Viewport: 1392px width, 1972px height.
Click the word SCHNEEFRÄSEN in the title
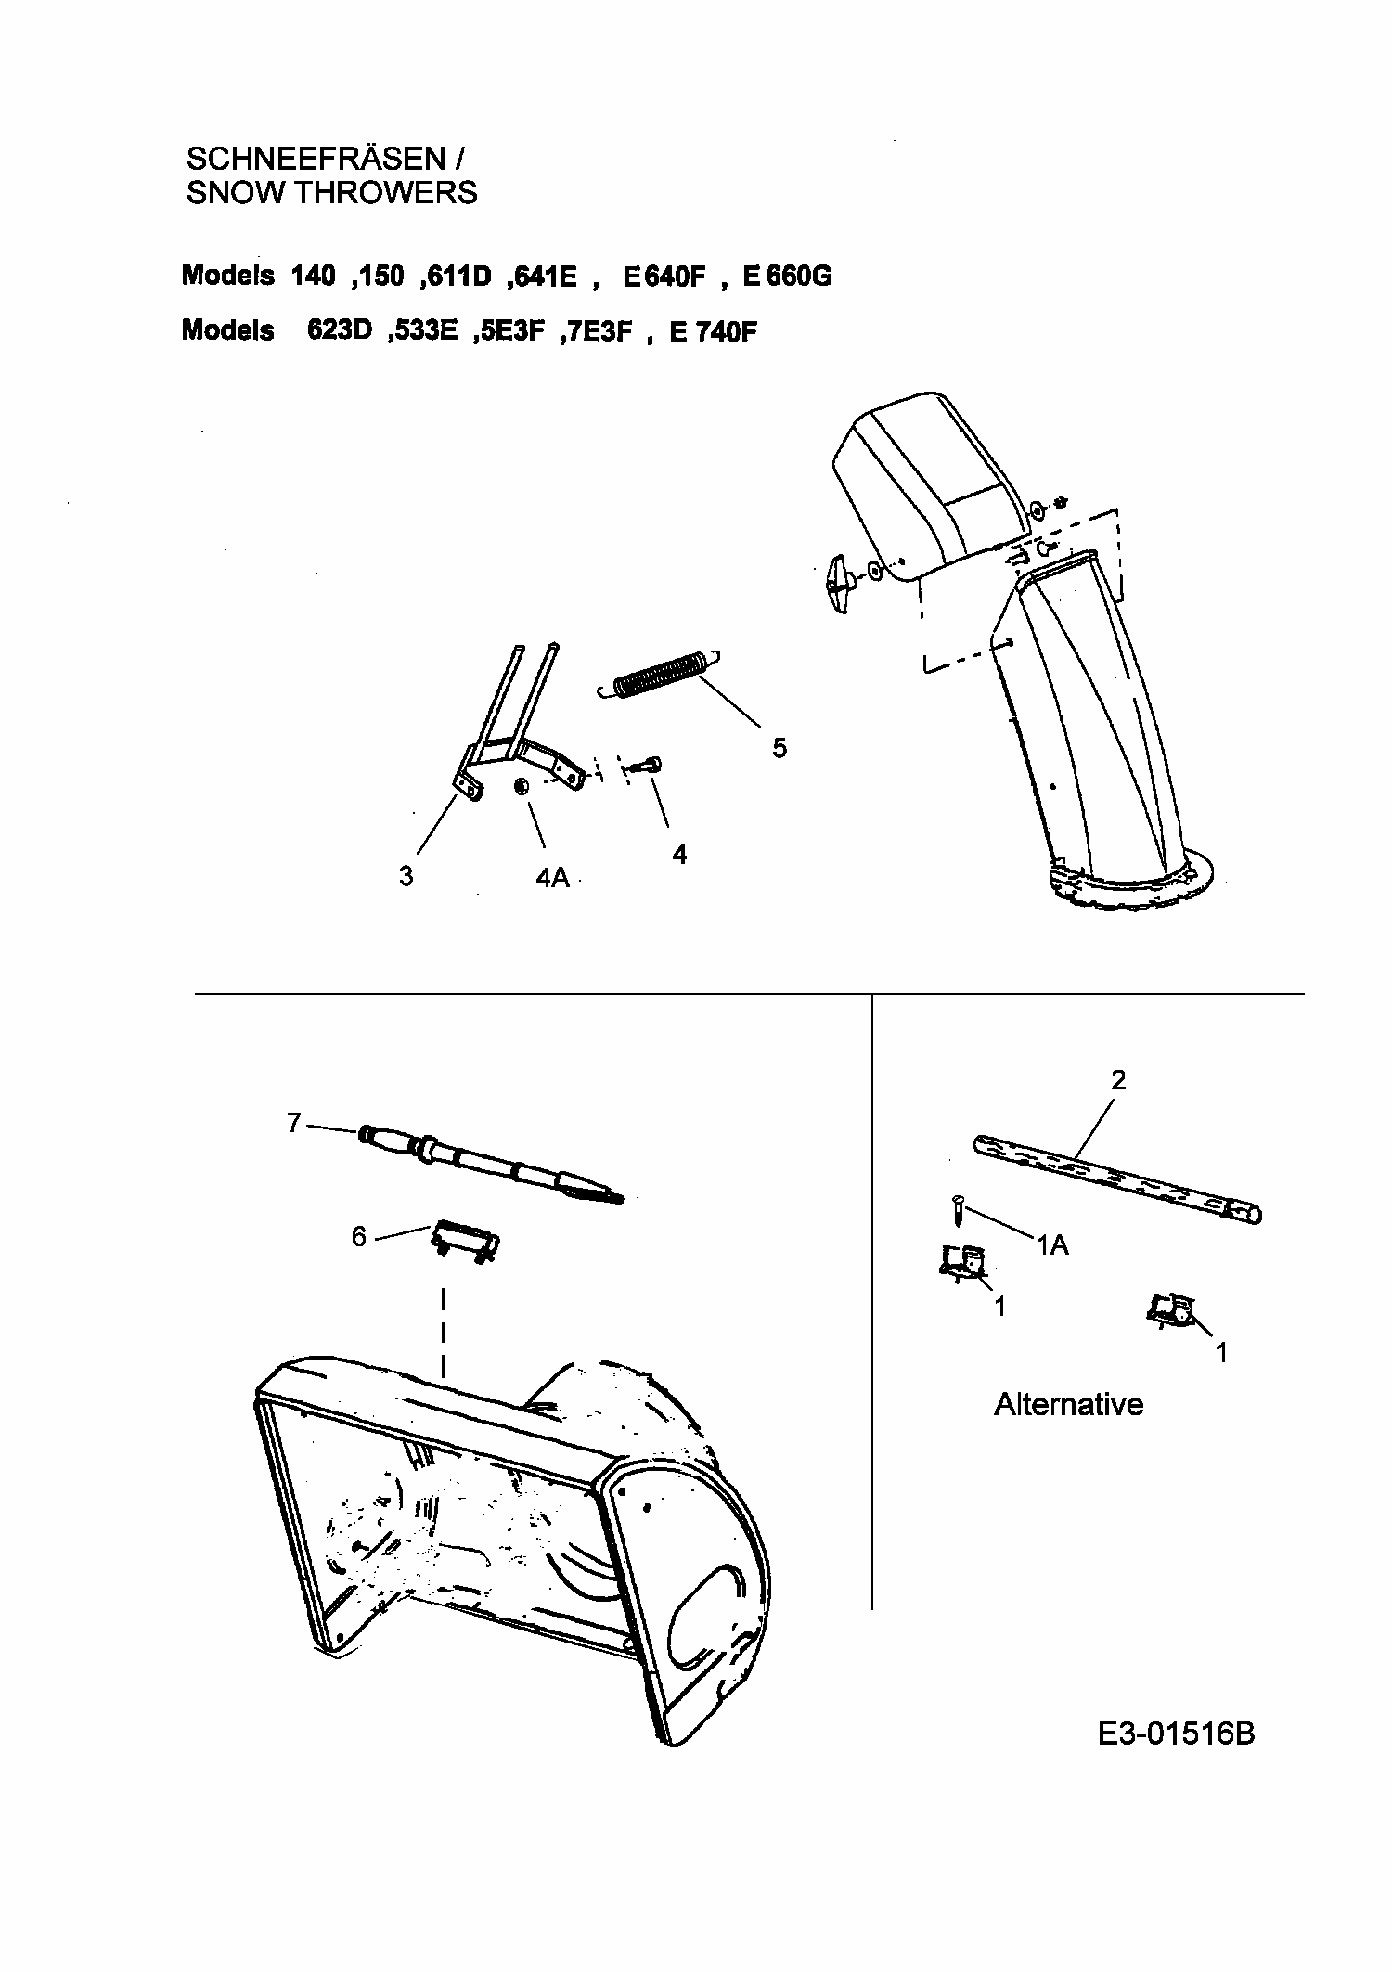(316, 159)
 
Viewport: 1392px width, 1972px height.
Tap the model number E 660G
(787, 277)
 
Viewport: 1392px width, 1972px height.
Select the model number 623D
(339, 331)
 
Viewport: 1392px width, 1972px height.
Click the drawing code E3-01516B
(1176, 1733)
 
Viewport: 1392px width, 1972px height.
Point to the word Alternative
(1068, 1404)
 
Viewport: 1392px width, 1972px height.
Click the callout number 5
(780, 747)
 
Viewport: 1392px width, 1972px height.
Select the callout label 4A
(552, 876)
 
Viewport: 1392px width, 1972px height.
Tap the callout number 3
(406, 875)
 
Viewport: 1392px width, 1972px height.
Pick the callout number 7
(294, 1124)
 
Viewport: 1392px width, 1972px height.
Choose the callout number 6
(359, 1236)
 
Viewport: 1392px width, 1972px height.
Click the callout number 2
(1118, 1079)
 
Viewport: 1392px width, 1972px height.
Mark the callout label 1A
(1052, 1245)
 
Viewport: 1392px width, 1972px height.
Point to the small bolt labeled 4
(647, 765)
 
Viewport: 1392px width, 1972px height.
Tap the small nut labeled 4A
(522, 786)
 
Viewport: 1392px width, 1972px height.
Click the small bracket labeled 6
(466, 1242)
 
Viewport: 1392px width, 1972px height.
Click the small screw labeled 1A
(957, 1210)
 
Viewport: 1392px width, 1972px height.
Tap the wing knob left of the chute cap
(843, 584)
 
